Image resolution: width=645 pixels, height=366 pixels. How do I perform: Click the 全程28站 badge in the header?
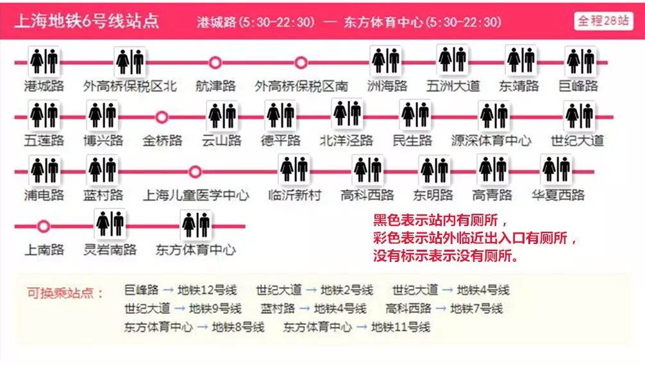tap(603, 21)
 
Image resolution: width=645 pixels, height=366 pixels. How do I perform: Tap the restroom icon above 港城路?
tap(44, 61)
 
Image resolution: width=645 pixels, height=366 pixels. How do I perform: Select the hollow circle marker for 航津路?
tap(215, 62)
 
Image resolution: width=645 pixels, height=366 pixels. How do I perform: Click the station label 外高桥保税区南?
tap(301, 86)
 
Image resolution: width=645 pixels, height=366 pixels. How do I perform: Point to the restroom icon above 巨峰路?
tap(581, 61)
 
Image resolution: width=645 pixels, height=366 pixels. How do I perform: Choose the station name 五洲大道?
tap(453, 86)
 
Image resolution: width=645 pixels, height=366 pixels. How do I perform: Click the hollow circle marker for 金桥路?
tap(162, 117)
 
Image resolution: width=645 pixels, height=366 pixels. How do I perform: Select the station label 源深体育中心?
tap(491, 141)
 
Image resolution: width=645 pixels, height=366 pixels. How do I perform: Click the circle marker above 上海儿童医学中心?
tap(196, 171)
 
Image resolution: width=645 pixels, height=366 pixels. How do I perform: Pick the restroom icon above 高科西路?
tap(368, 170)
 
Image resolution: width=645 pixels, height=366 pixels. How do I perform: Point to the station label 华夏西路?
tap(558, 195)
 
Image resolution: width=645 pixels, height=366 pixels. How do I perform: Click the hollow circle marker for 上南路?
tap(44, 226)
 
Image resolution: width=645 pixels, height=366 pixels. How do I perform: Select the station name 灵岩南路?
tap(110, 250)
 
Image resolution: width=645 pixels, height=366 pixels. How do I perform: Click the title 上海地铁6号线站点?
tap(87, 21)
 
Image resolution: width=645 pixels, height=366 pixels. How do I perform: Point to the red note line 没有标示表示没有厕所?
tap(446, 256)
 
